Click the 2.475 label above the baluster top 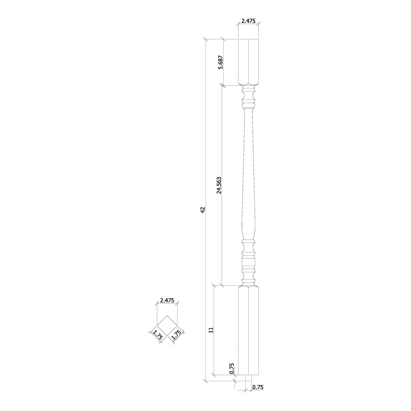point(248,21)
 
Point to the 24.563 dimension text point(219,185)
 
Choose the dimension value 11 point(211,330)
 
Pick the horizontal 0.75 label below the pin point(258,387)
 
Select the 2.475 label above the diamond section point(167,300)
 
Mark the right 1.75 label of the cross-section point(176,335)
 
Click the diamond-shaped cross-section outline point(167,325)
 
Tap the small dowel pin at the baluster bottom point(248,378)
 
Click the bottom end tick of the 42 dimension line point(205,381)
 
